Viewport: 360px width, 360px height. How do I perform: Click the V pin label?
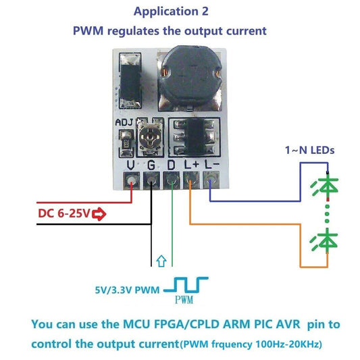click(x=130, y=164)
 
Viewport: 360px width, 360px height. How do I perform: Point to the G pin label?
click(x=152, y=164)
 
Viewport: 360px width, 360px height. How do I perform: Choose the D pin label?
click(x=172, y=164)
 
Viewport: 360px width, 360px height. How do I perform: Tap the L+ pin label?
click(x=192, y=164)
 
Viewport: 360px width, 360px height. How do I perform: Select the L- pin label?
click(x=212, y=164)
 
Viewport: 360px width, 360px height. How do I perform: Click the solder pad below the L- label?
click(x=212, y=180)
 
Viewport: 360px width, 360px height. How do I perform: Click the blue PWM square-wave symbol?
click(x=191, y=286)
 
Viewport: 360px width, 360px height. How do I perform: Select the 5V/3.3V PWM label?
click(x=128, y=291)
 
